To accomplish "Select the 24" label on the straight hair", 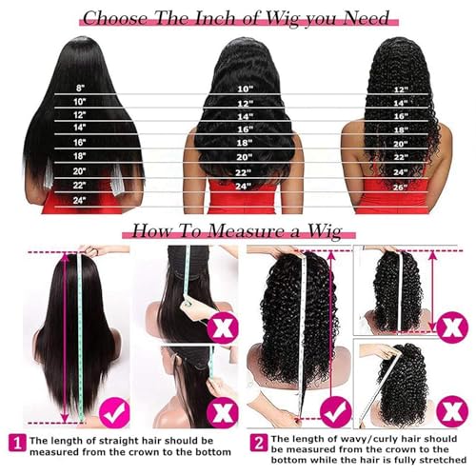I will (79, 199).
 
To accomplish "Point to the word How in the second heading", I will (152, 230).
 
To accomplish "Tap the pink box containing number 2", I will (257, 442).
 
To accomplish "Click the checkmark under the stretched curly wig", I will (334, 411).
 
